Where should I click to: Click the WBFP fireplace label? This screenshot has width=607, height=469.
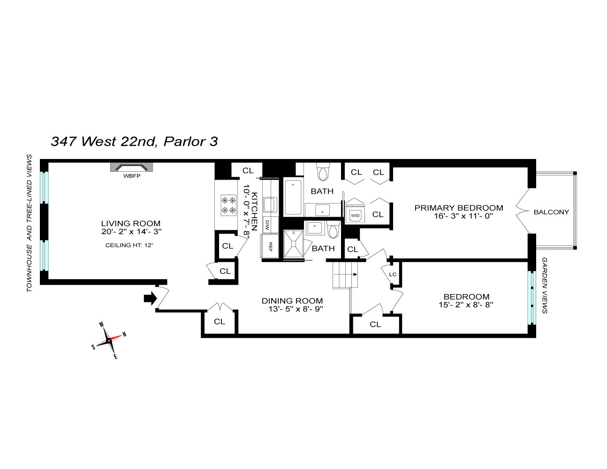[x=132, y=176]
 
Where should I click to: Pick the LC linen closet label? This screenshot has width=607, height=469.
[x=393, y=274]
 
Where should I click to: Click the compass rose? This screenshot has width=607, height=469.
[x=110, y=340]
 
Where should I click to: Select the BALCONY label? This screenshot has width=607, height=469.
[x=551, y=212]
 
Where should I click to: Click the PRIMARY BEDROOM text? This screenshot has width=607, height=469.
[x=459, y=208]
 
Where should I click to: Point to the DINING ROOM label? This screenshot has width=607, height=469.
[x=292, y=301]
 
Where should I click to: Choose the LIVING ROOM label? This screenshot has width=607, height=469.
[x=131, y=224]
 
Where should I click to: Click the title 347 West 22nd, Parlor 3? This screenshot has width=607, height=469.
[x=134, y=141]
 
